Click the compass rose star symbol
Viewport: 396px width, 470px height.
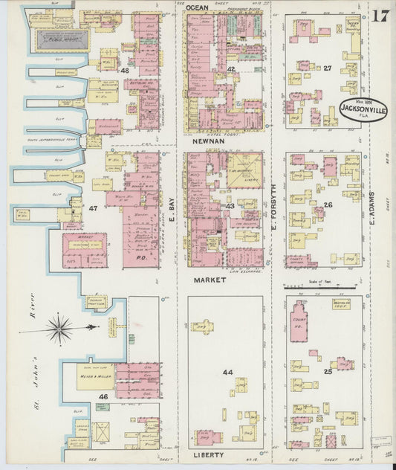click(59, 328)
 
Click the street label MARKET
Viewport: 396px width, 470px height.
click(210, 280)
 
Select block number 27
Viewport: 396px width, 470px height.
click(326, 68)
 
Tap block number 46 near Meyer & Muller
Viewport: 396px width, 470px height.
click(103, 399)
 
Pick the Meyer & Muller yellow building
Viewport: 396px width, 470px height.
click(88, 376)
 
